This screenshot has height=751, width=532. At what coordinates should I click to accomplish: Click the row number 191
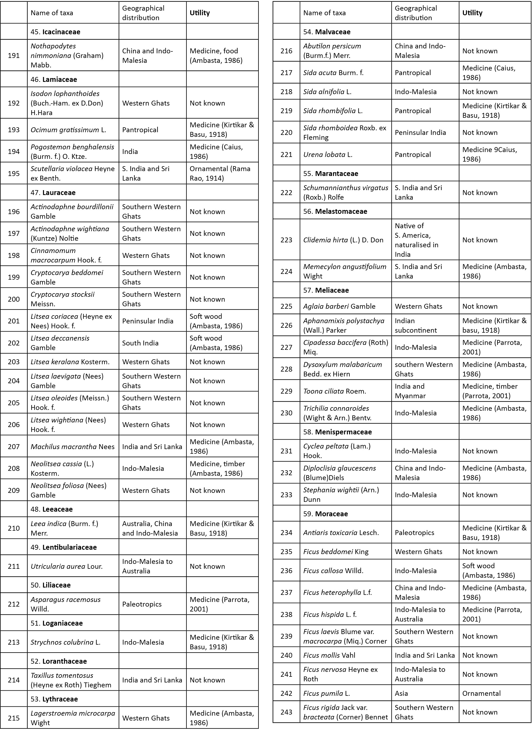14,55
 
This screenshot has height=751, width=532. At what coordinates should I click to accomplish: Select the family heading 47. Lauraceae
53,193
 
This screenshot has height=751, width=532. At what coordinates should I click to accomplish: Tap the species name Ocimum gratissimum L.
68,130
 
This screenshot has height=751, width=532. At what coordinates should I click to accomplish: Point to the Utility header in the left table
200,13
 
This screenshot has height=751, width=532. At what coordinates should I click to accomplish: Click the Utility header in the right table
472,13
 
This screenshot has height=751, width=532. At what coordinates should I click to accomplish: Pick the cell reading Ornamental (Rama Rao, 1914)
220,173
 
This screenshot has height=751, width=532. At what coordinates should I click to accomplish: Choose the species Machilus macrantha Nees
72,447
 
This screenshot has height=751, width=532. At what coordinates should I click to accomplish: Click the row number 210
14,528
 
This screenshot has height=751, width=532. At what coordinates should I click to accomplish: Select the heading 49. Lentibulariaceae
64,547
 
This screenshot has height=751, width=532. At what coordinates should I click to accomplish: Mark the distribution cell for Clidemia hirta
417,240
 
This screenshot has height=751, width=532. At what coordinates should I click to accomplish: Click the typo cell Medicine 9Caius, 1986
490,154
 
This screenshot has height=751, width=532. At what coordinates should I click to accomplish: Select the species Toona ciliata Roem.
335,391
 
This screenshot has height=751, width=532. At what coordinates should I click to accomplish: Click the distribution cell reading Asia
401,693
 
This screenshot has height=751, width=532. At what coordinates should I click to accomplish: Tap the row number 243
286,712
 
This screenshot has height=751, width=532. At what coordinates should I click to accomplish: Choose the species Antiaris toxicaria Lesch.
341,532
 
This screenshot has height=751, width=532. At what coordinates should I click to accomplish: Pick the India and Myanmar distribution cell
410,391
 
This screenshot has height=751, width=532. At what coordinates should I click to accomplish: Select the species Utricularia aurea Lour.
66,566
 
